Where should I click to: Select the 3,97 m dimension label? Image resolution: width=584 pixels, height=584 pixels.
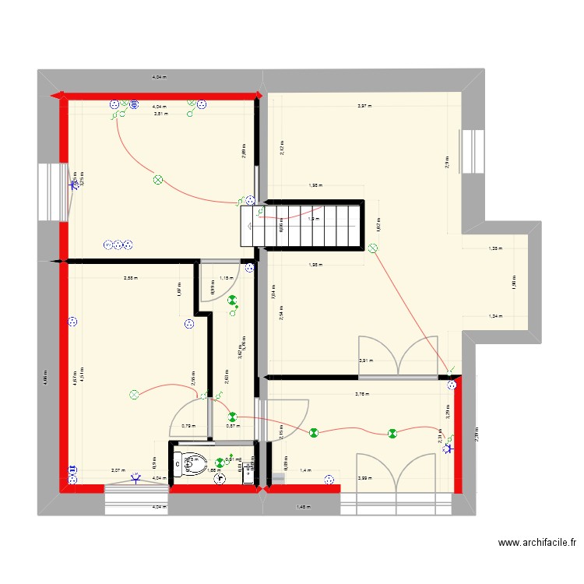(x=363, y=106)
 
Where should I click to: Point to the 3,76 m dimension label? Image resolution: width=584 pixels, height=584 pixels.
(x=362, y=394)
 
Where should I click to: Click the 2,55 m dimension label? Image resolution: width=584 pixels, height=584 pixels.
(x=130, y=278)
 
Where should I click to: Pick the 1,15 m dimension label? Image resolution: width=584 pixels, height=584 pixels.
(x=226, y=278)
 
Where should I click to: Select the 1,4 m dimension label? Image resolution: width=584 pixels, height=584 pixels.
(x=305, y=471)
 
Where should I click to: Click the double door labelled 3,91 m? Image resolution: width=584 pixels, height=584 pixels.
(x=399, y=357)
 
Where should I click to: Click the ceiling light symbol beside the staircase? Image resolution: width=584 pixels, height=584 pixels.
(x=372, y=249)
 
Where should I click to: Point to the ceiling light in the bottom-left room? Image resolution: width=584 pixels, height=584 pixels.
(x=133, y=396)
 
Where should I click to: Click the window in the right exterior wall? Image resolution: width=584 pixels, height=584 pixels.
(x=472, y=152)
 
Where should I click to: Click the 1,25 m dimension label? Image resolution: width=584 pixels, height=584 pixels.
(x=494, y=249)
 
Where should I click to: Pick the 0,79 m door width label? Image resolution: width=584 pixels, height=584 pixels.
(x=187, y=426)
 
